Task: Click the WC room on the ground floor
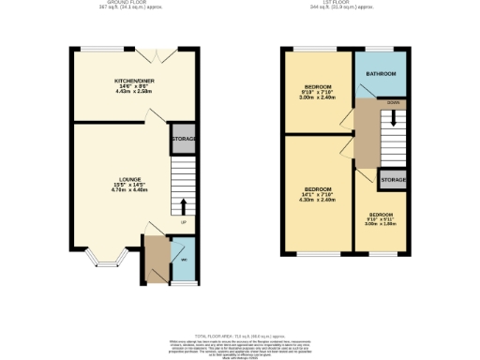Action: click(184, 260)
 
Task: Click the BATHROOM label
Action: click(381, 73)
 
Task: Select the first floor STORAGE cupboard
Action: click(393, 179)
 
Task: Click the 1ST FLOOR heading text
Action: click(347, 4)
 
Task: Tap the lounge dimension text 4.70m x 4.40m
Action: click(130, 190)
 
